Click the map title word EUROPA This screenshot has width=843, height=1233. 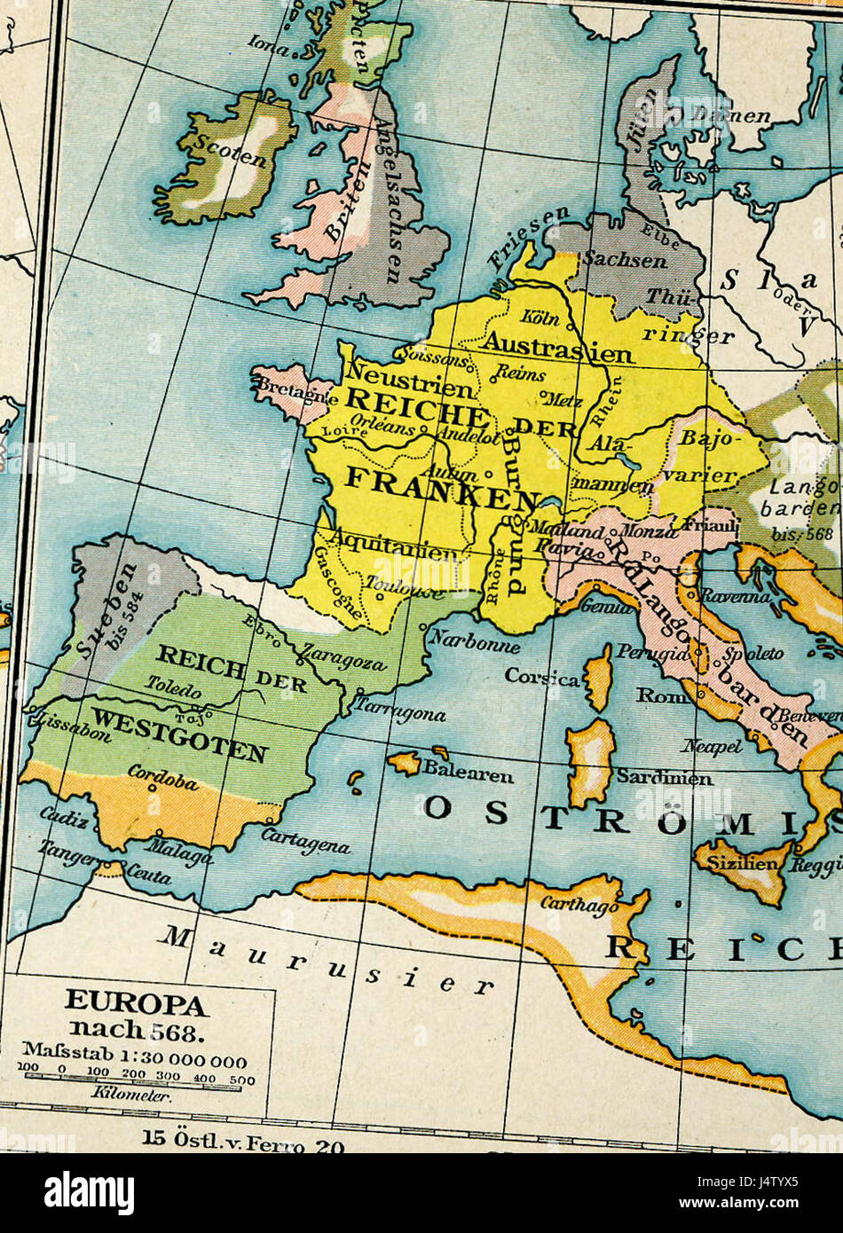point(136,1003)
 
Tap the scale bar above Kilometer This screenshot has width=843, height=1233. point(133,1077)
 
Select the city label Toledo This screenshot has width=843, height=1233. point(174,686)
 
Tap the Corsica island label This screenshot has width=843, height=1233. point(542,677)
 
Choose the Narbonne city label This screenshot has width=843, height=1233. point(474,641)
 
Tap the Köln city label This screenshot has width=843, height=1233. point(540,317)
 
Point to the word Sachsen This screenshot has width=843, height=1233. point(625,260)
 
